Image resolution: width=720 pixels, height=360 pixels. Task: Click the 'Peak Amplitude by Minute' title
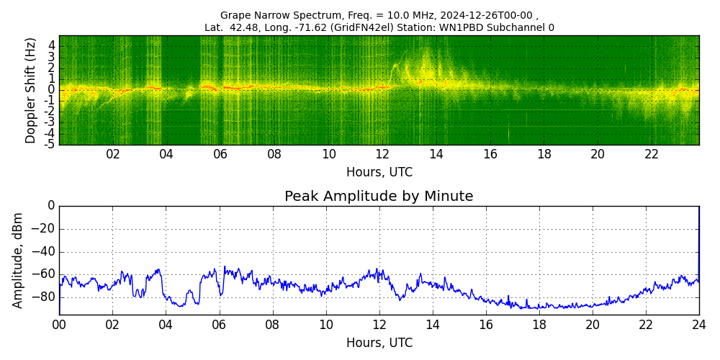(379, 197)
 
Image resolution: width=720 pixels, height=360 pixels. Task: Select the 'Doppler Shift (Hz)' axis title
(31, 90)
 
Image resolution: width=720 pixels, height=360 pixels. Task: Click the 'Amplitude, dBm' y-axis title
(19, 260)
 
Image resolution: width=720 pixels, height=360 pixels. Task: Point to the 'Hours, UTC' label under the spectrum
(379, 173)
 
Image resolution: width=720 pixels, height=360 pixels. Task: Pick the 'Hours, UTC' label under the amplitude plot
(379, 343)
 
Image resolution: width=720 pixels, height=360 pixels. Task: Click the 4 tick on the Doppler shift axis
(52, 45)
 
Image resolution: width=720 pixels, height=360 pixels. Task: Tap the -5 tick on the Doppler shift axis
(50, 144)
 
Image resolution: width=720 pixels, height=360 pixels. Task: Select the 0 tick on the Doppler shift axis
(52, 89)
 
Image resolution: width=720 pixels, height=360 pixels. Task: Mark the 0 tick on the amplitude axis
(51, 206)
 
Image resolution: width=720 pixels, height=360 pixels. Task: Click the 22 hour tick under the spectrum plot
(652, 154)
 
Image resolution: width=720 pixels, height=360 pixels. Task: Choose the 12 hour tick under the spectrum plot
(382, 154)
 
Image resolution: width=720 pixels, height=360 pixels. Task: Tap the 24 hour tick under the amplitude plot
(699, 324)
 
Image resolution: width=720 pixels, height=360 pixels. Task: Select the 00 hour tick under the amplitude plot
(59, 324)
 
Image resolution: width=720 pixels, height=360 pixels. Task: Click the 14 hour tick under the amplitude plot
(433, 324)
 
